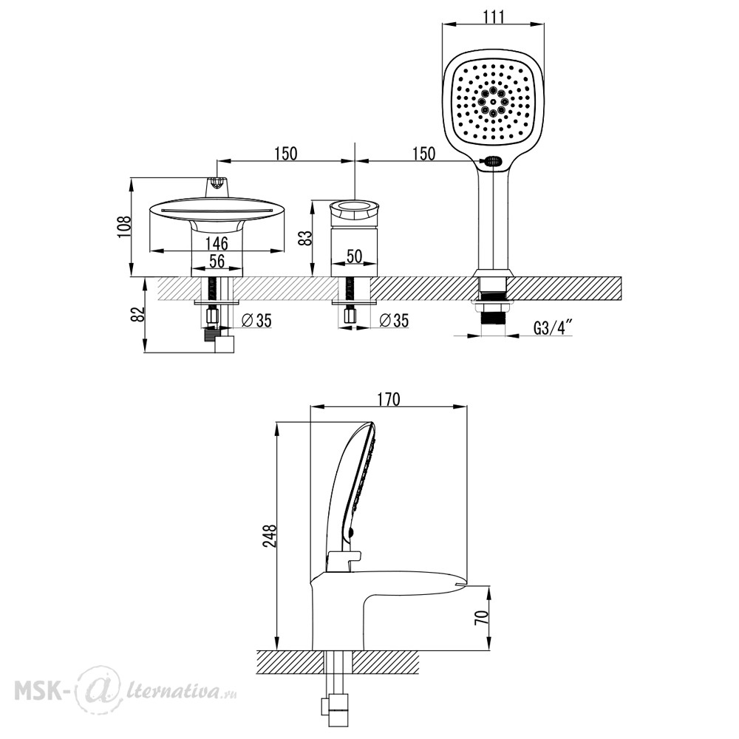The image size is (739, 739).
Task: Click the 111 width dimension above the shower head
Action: tap(494, 16)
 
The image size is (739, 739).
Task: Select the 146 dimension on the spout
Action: tap(217, 243)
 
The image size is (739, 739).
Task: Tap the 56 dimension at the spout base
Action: tap(217, 261)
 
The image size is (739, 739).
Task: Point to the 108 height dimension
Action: tap(124, 227)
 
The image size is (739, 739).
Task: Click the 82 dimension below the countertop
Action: tap(138, 314)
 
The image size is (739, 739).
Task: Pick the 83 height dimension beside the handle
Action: tap(307, 237)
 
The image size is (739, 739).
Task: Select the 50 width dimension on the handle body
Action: tap(355, 256)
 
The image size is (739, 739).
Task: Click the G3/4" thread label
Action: tap(553, 327)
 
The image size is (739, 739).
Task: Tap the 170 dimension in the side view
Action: tap(389, 399)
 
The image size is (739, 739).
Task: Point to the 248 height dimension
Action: tap(270, 535)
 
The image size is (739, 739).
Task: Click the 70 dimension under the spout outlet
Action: tap(482, 617)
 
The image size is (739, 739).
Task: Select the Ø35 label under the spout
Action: tap(256, 321)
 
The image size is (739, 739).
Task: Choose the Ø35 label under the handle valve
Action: tap(394, 321)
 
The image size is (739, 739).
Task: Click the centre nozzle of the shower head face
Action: tap(493, 101)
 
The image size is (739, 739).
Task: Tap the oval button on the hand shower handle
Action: tap(493, 162)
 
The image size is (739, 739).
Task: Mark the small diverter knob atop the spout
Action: tap(217, 186)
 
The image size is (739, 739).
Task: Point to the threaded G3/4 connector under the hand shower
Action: tap(493, 318)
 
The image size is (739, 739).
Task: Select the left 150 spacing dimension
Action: tap(285, 154)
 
